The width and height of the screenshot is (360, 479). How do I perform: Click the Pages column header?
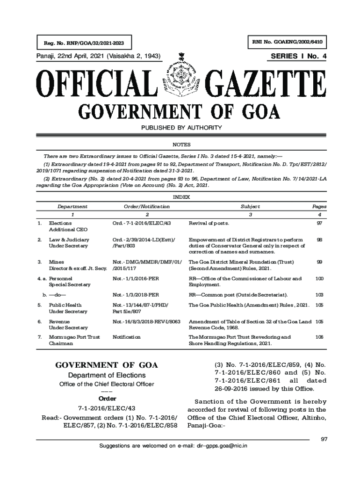click(x=319, y=206)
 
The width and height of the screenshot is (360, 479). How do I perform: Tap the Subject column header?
click(x=250, y=206)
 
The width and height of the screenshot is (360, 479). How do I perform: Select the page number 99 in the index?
click(x=319, y=262)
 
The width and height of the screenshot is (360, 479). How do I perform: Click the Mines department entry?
click(x=57, y=262)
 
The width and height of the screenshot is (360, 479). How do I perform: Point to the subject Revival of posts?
click(x=209, y=223)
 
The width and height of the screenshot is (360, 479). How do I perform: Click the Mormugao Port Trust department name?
click(x=74, y=337)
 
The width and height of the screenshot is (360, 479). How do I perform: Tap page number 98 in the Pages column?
click(x=319, y=239)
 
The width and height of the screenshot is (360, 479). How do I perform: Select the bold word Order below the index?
click(x=107, y=399)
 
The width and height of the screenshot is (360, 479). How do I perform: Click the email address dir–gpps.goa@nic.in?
click(x=222, y=446)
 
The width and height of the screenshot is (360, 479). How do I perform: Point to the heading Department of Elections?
click(x=107, y=375)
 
